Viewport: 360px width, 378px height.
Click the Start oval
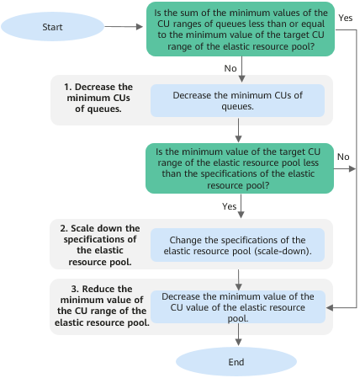(52, 27)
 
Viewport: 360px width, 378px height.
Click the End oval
(236, 362)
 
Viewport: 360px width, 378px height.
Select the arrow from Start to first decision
(124, 27)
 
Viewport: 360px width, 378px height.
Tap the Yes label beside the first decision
(345, 18)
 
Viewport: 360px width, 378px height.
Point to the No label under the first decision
(230, 68)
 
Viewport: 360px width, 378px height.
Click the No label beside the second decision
(343, 157)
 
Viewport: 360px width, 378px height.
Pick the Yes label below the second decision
(229, 206)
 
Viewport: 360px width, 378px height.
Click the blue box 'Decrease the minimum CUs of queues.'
(237, 101)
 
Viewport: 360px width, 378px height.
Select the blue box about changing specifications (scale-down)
(237, 245)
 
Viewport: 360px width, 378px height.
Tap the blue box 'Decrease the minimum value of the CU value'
(238, 307)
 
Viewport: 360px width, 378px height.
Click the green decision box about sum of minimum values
(241, 29)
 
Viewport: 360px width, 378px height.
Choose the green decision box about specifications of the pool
(240, 168)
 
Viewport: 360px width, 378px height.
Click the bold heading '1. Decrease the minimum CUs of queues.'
(98, 98)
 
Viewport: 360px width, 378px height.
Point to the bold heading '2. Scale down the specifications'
(100, 245)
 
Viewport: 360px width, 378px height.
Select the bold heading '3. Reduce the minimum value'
(102, 306)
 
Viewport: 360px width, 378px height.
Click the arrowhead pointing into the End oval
(238, 343)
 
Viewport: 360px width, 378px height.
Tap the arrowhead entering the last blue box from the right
(330, 307)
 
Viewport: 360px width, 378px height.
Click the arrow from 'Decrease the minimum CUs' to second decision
(238, 130)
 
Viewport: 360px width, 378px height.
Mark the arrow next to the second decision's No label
(345, 168)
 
